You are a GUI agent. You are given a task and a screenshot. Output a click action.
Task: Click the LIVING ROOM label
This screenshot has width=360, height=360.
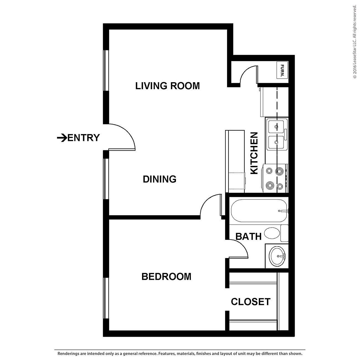167,86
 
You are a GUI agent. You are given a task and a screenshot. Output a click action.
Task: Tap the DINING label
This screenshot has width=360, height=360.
160,179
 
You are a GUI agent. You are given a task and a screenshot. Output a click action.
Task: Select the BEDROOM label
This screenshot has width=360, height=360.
166,276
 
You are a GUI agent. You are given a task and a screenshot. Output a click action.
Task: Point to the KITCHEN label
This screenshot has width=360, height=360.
254,153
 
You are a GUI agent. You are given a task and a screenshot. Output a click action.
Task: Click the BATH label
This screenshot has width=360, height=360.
248,236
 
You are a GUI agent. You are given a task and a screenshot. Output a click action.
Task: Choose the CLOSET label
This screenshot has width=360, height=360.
251,302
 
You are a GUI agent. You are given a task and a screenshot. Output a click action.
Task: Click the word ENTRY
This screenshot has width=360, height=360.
83,138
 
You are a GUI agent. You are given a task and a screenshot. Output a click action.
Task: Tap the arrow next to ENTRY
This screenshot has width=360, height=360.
61,138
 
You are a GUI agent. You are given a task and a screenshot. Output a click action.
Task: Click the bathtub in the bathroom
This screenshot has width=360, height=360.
258,211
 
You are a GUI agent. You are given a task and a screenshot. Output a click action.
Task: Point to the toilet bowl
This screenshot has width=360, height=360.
272,233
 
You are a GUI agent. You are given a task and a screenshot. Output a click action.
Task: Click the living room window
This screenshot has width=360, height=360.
106,70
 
